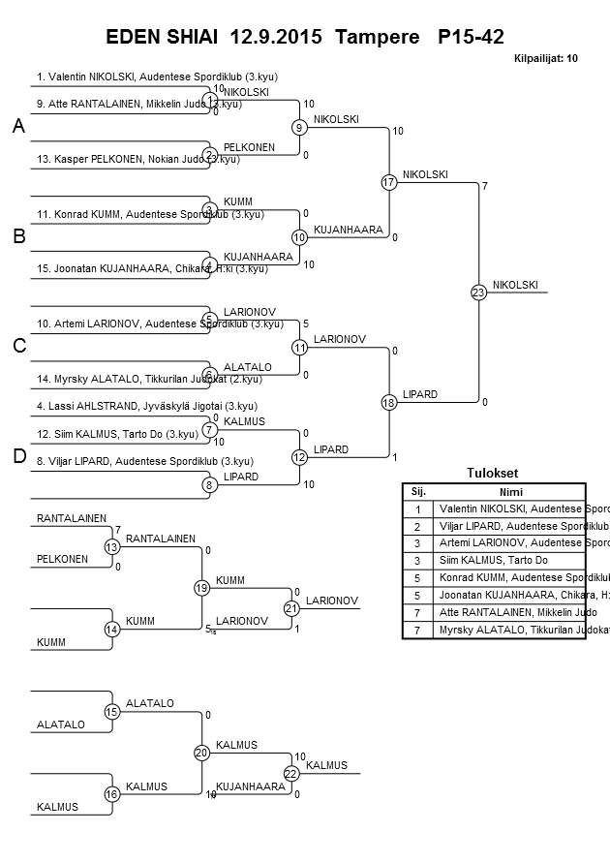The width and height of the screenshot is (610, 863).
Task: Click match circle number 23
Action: [x=478, y=292]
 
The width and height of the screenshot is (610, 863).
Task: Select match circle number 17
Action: [x=389, y=182]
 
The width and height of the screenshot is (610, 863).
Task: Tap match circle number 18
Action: [x=389, y=402]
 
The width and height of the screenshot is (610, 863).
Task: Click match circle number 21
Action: [x=290, y=608]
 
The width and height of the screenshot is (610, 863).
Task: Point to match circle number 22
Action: [x=290, y=773]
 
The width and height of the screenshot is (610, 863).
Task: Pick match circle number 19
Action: [x=201, y=588]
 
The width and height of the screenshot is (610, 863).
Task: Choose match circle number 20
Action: [x=201, y=753]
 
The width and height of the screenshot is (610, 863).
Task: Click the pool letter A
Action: [x=18, y=127]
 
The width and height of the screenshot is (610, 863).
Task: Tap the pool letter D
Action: [x=18, y=456]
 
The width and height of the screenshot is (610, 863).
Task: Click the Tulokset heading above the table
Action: [x=493, y=474]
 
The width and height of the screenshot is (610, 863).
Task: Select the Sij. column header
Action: [x=418, y=491]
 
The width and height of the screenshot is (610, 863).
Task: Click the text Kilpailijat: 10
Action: [x=546, y=59]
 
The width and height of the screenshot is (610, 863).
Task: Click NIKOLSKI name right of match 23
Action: [x=514, y=285]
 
